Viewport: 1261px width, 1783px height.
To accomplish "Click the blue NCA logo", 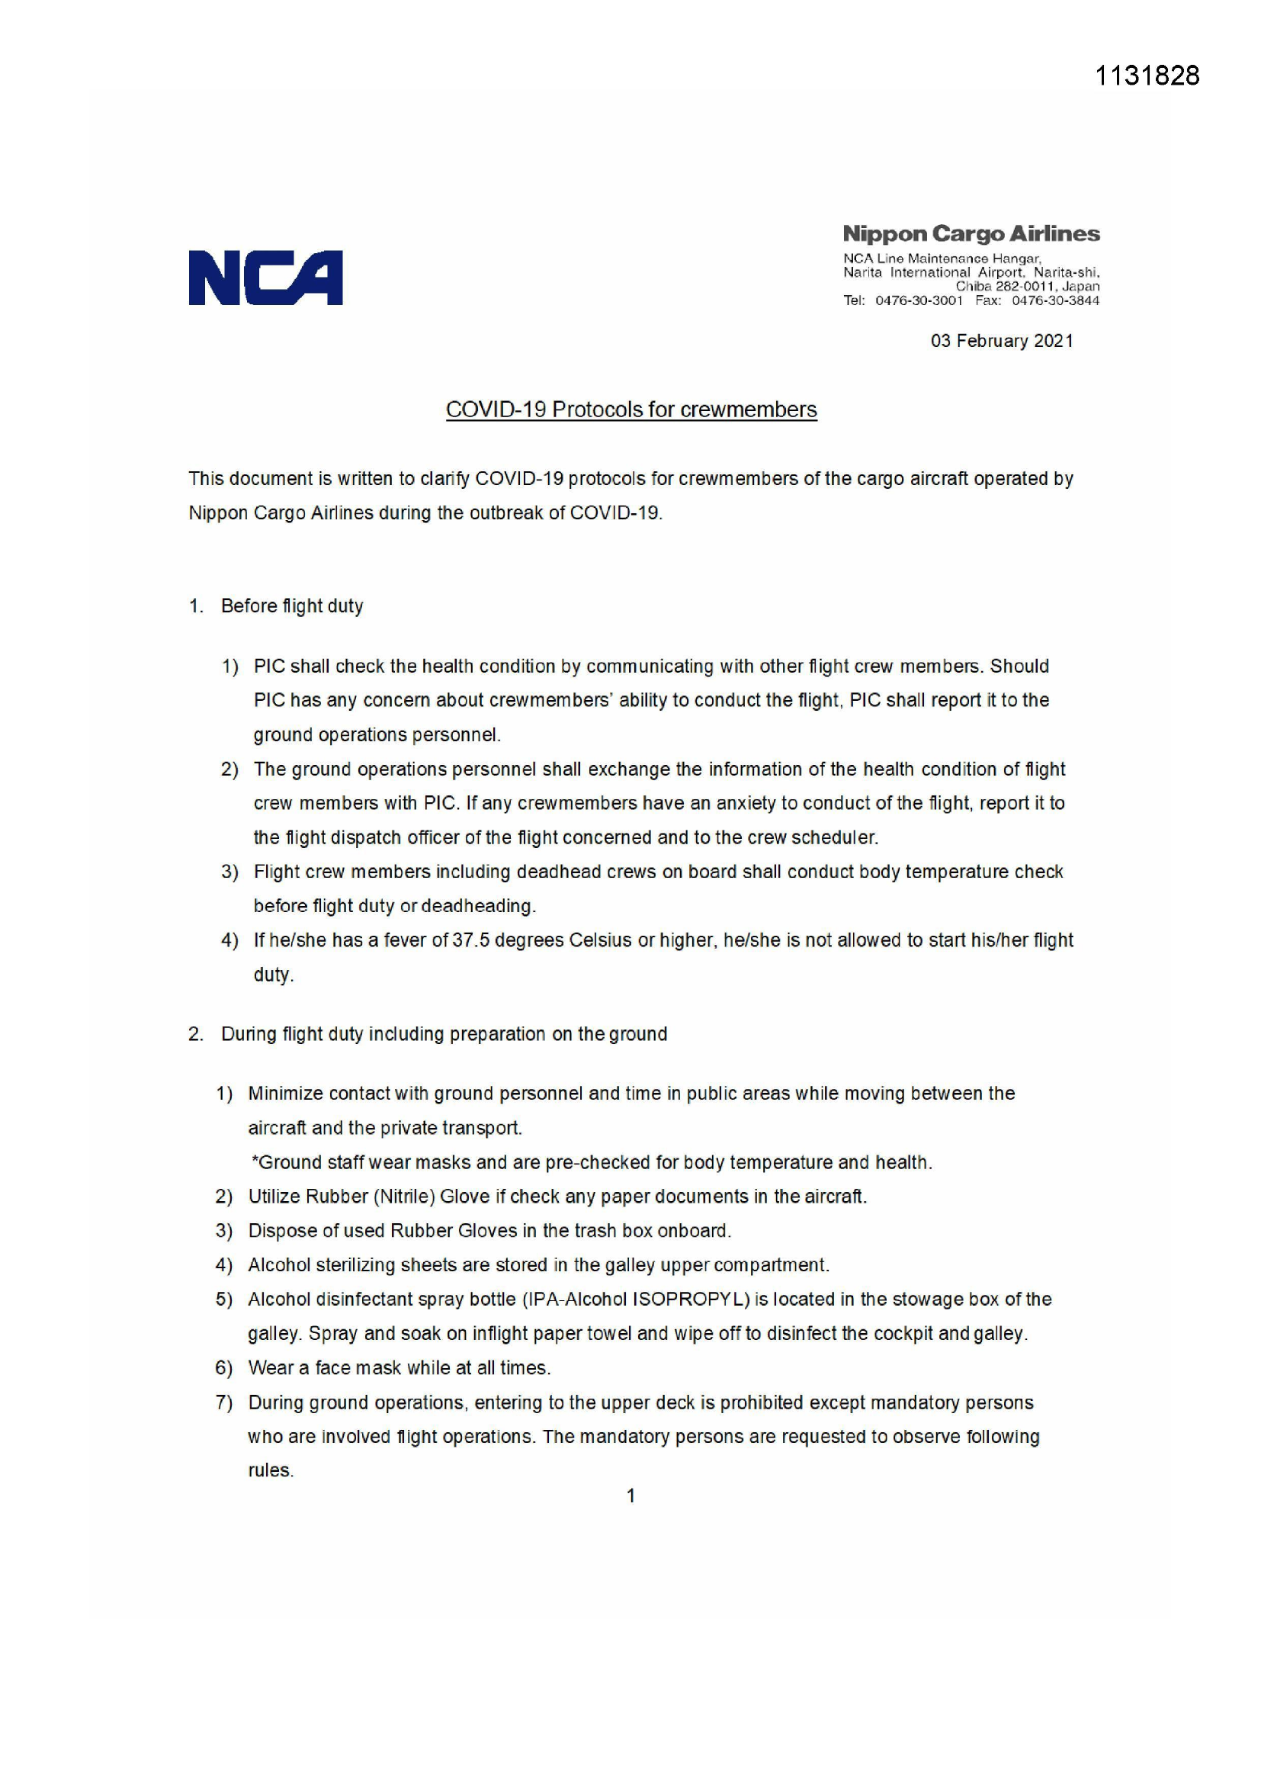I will [265, 278].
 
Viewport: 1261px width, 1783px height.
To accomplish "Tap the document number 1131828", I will [1146, 75].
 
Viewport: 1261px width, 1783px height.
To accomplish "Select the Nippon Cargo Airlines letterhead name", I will [971, 234].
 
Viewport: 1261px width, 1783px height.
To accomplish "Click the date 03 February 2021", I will [1002, 341].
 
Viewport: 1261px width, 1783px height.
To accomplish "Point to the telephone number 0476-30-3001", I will [919, 300].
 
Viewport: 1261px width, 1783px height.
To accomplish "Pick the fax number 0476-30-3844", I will [1055, 300].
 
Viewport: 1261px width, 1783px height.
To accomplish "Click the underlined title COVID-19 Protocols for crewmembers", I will [630, 410].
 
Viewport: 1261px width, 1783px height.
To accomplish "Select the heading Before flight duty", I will [292, 606].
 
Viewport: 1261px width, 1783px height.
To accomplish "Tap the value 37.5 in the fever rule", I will [470, 940].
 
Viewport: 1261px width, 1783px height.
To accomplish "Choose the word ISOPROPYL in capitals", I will [690, 1300].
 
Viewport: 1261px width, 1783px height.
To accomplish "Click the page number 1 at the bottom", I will [630, 1495].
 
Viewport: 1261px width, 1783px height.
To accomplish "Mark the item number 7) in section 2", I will [223, 1402].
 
